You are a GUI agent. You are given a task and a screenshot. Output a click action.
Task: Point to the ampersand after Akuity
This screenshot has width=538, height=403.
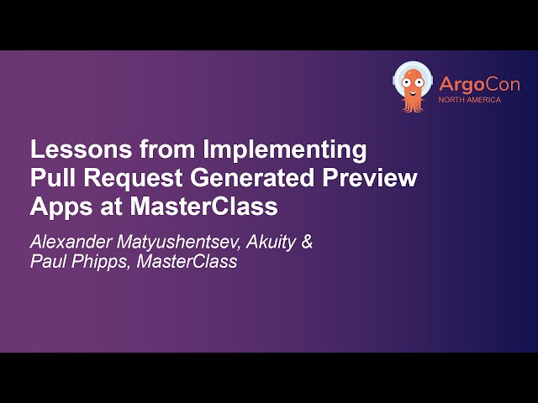(307, 242)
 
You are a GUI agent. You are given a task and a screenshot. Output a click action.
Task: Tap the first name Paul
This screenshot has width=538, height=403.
(46, 262)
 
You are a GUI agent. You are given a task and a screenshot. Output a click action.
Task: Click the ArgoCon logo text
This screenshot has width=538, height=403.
(478, 85)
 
